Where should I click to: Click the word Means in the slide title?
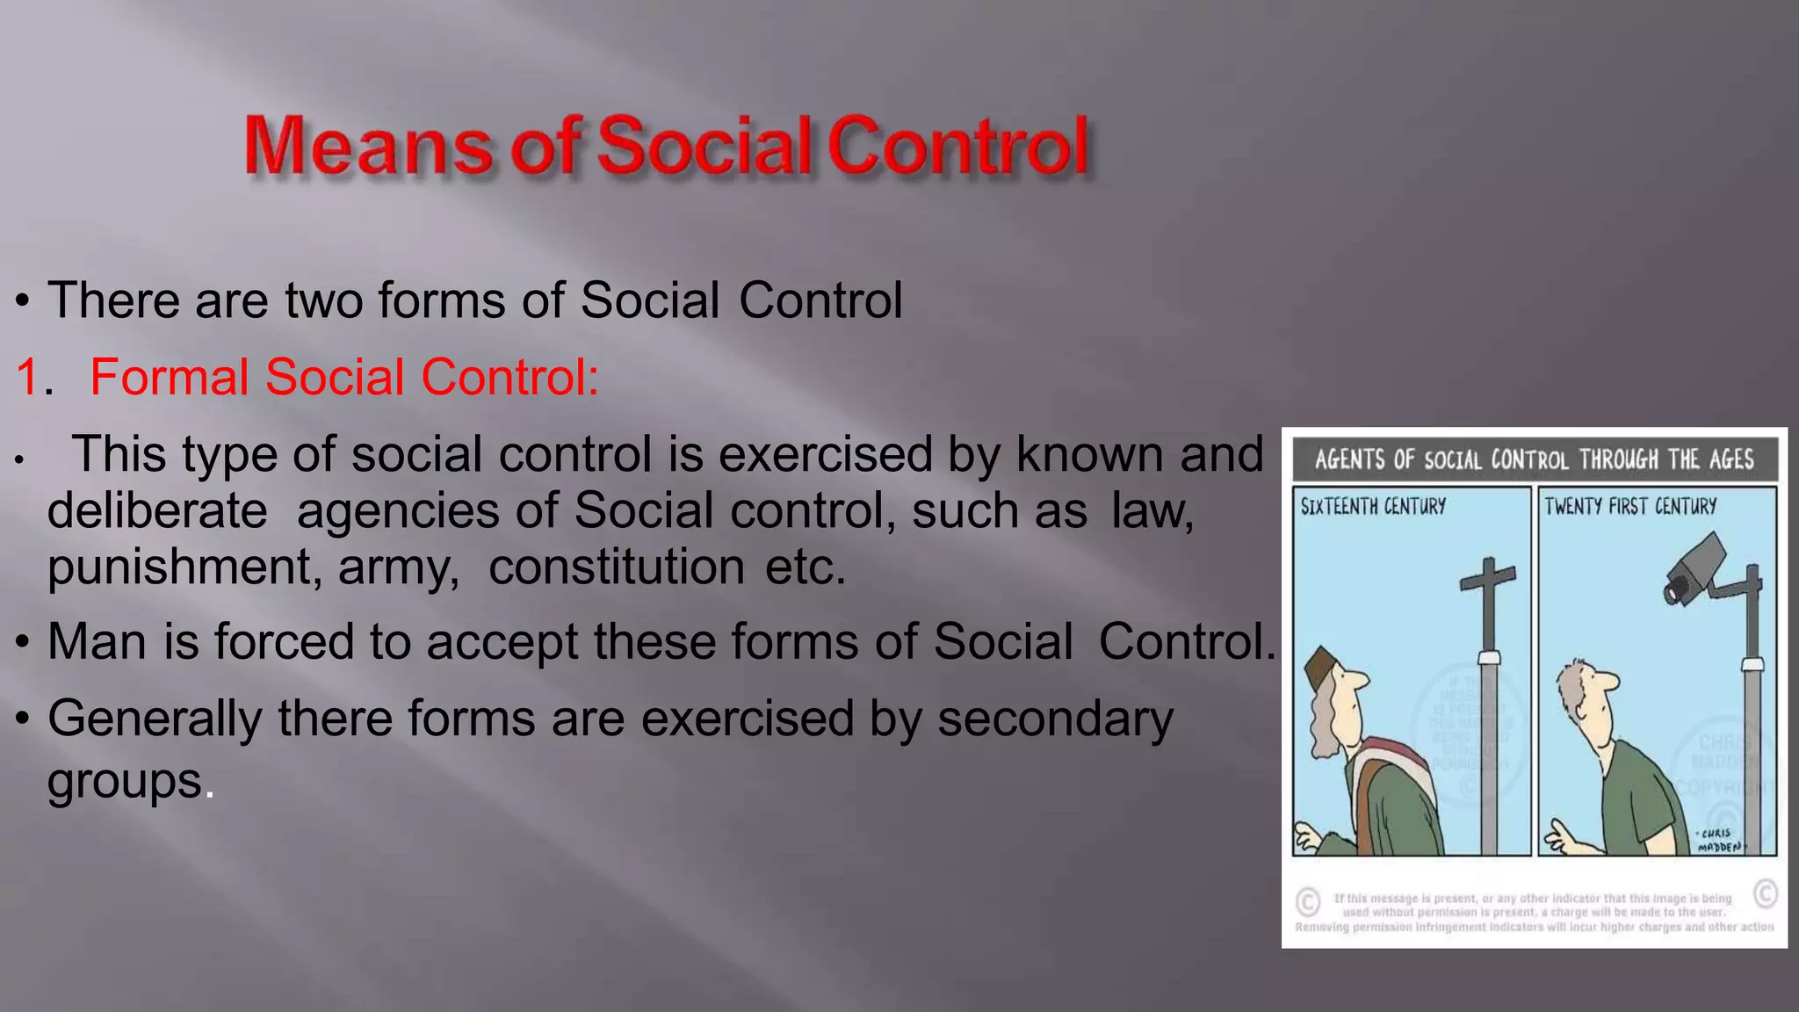tap(367, 146)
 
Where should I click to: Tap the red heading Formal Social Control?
tap(343, 378)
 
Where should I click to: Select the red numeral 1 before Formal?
tap(28, 378)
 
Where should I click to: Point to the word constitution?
tap(617, 567)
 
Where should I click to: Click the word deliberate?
tap(157, 511)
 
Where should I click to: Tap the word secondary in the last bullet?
tap(1055, 719)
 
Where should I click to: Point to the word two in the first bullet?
tap(323, 301)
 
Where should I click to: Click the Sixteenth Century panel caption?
tap(1373, 507)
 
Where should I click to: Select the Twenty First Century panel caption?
tap(1630, 507)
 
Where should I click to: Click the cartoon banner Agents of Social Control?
tap(1534, 459)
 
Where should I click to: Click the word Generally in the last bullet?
tap(155, 719)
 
